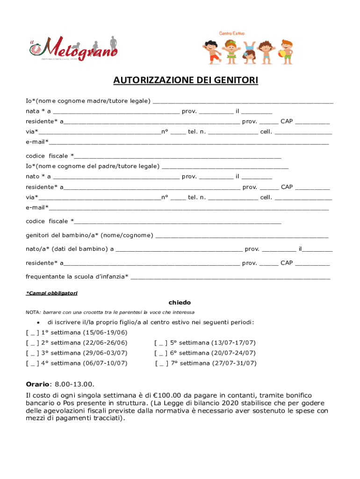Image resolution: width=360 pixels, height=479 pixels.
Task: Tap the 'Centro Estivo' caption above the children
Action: click(232, 33)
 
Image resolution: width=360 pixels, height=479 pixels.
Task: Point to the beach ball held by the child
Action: click(283, 53)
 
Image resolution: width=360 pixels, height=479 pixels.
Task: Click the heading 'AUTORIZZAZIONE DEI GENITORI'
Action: click(186, 80)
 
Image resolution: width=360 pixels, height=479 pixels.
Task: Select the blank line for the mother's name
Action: click(243, 101)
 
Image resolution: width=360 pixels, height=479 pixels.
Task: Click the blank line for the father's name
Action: click(224, 166)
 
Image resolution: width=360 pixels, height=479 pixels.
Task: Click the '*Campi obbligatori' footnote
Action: click(51, 293)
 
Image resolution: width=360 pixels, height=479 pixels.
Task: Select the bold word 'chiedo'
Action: click(180, 303)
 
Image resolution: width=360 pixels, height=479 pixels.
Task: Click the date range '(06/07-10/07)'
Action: click(105, 363)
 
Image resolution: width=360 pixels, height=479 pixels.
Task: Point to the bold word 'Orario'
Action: click(37, 384)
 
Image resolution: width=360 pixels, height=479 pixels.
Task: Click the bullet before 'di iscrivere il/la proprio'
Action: click(37, 323)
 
